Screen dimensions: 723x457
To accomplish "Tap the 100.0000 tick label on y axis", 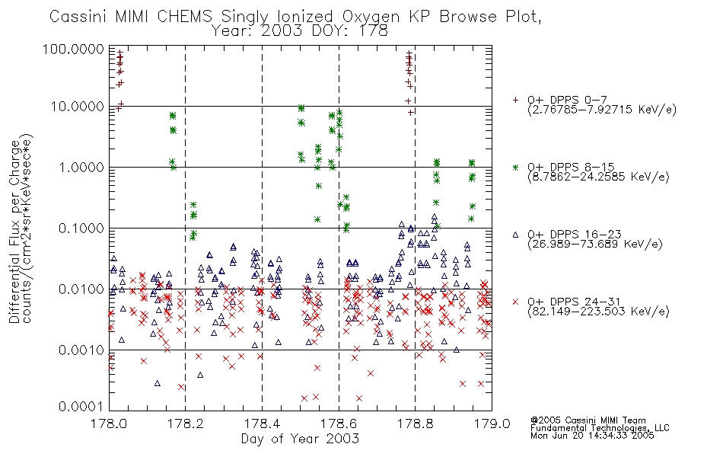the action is (x=73, y=49).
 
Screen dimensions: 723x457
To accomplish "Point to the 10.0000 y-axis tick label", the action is (x=78, y=107).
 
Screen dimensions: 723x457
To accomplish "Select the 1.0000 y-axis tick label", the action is (x=81, y=167).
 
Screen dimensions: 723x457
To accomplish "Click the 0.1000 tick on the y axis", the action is (x=81, y=228).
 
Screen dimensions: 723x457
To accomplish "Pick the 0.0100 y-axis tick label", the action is (x=81, y=289).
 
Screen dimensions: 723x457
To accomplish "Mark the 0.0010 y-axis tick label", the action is (x=81, y=350).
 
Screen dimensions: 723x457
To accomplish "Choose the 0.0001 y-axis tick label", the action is (x=81, y=406).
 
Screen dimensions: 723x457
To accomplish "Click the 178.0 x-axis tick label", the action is (x=109, y=423).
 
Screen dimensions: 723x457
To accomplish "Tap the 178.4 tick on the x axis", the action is (x=262, y=423).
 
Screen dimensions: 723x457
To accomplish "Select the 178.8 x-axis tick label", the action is (x=415, y=423).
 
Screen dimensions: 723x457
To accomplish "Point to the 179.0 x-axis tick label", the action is (x=492, y=423).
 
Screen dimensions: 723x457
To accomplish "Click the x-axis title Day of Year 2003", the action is (x=300, y=439).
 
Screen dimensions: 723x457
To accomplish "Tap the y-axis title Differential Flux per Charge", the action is (x=14, y=232).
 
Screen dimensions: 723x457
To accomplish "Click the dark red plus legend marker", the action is (x=515, y=100).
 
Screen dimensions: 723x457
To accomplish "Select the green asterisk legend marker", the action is (x=515, y=167).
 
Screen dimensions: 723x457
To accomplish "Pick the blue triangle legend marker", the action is (x=515, y=235).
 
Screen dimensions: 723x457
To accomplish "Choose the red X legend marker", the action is (x=515, y=302).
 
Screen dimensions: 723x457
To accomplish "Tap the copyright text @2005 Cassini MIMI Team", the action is (x=588, y=420).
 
